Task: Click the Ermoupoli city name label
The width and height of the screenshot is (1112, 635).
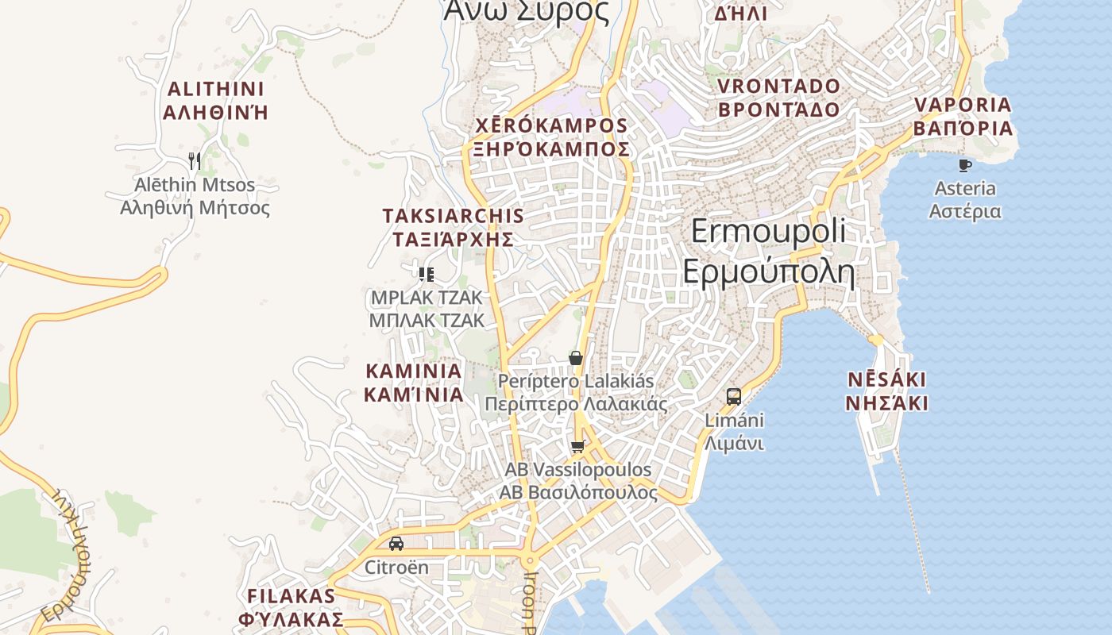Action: (768, 232)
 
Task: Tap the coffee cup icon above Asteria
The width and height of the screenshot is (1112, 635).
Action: (964, 165)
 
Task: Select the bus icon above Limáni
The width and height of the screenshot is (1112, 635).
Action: (734, 396)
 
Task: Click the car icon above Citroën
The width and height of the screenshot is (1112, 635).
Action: (396, 544)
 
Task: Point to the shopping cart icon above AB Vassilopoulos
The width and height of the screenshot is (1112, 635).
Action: (577, 447)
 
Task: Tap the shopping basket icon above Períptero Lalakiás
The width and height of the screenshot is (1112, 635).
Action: (576, 358)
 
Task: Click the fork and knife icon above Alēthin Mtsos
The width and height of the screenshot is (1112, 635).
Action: (195, 161)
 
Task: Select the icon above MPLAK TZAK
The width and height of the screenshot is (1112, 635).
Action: (427, 275)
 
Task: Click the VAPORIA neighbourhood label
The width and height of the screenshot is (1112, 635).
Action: (963, 105)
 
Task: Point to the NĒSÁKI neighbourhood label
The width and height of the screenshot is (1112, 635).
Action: (886, 379)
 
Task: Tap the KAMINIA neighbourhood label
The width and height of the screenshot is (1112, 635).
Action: (413, 371)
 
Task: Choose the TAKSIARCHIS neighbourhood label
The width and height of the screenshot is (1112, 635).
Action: (453, 216)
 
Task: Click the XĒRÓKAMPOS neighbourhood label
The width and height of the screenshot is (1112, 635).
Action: (551, 126)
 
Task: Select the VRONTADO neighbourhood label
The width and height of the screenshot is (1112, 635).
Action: (778, 87)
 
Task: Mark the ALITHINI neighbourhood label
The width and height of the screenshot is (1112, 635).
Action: (215, 89)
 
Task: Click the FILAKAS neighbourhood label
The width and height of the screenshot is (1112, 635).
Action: (292, 596)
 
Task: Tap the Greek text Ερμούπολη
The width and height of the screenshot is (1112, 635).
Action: (768, 272)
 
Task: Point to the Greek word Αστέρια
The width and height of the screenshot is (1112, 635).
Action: (965, 212)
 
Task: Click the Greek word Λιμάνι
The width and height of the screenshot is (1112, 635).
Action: (734, 443)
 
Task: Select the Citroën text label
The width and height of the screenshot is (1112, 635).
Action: (396, 568)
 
